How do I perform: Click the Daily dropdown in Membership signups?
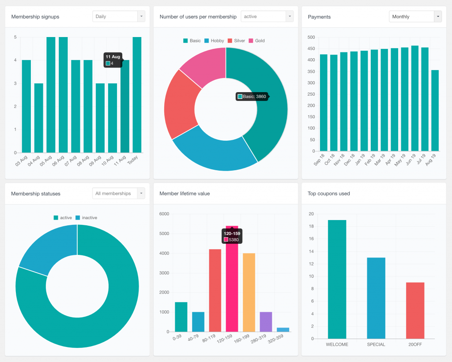tap(118, 16)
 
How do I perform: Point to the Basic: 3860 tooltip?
tap(252, 97)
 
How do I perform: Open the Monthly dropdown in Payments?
tap(415, 16)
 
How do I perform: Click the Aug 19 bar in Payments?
tap(435, 110)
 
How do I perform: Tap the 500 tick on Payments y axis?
tap(311, 37)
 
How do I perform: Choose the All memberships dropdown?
tap(118, 193)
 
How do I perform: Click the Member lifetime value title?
tap(185, 193)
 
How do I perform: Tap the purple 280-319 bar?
tap(266, 321)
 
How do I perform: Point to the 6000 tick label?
tap(164, 214)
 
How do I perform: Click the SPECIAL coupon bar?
tap(376, 298)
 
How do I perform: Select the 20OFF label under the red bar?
tap(415, 344)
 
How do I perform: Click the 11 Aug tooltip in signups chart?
tap(113, 60)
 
